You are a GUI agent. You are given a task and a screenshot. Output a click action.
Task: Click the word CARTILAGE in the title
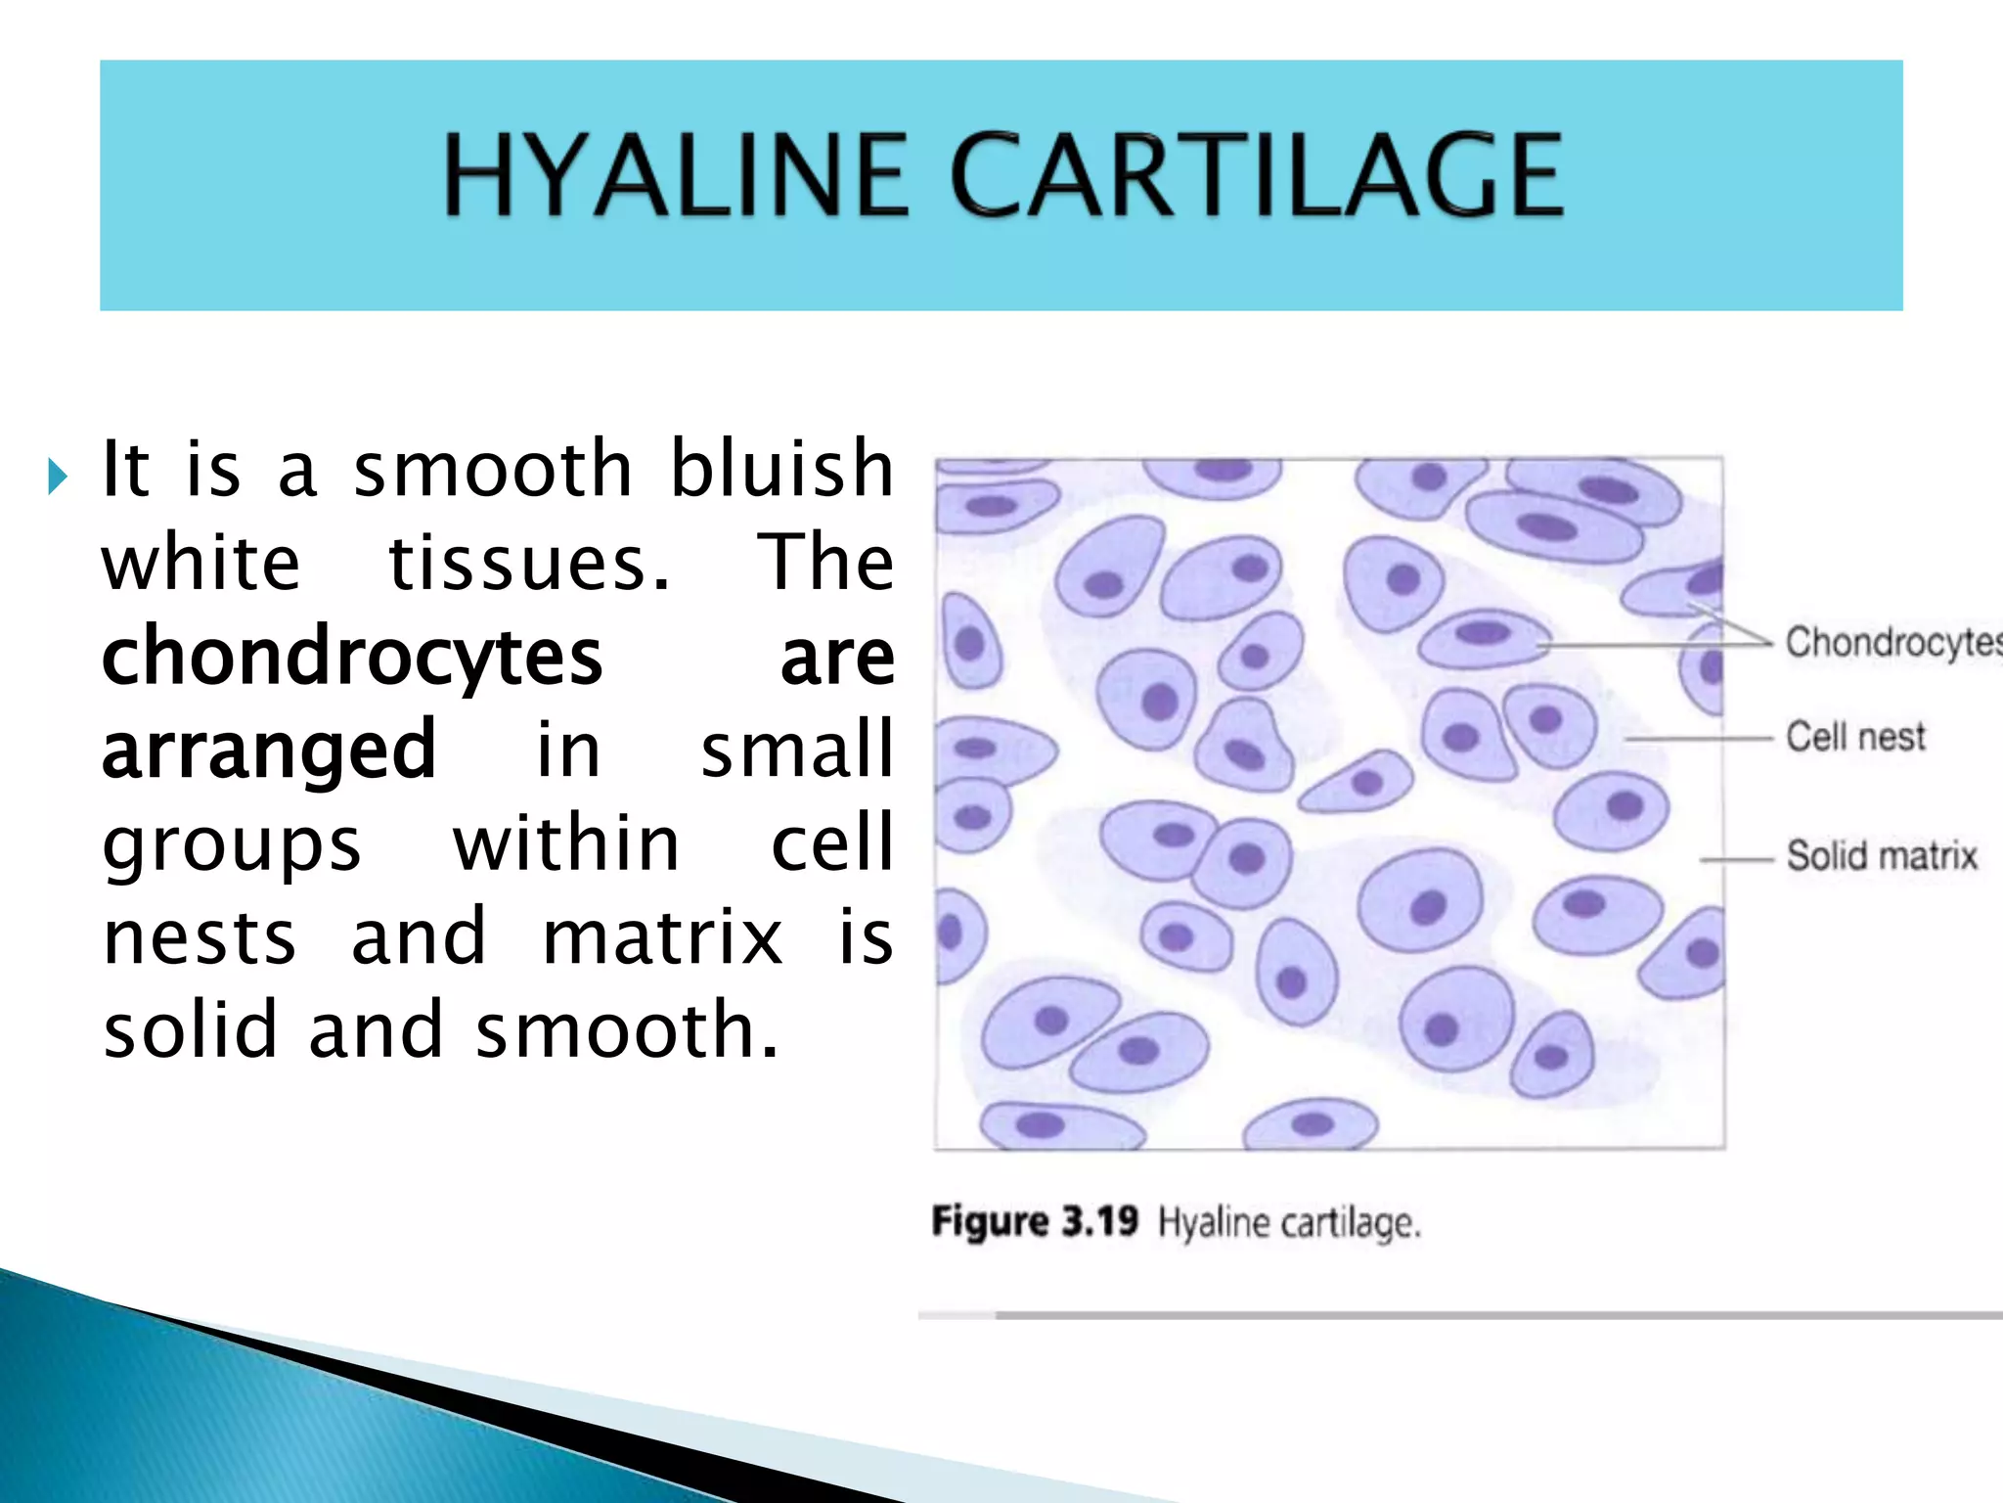click(1256, 176)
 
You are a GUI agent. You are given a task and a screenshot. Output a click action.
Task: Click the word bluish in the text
click(781, 469)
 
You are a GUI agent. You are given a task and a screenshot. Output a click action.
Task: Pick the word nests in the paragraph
click(200, 937)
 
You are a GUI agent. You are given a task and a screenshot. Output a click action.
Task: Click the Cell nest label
click(1855, 737)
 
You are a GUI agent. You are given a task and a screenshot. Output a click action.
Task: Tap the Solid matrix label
click(1882, 856)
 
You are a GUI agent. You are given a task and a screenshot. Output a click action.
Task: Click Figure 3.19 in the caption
click(1035, 1222)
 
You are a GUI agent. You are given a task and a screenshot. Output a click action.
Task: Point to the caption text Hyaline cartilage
click(1289, 1223)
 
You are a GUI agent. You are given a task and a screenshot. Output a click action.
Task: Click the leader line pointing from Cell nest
click(1699, 738)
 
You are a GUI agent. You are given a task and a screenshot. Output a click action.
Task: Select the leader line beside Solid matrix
click(1736, 860)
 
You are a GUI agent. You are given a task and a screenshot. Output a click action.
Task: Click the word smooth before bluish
click(493, 469)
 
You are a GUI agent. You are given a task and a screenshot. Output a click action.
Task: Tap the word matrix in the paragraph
click(662, 937)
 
